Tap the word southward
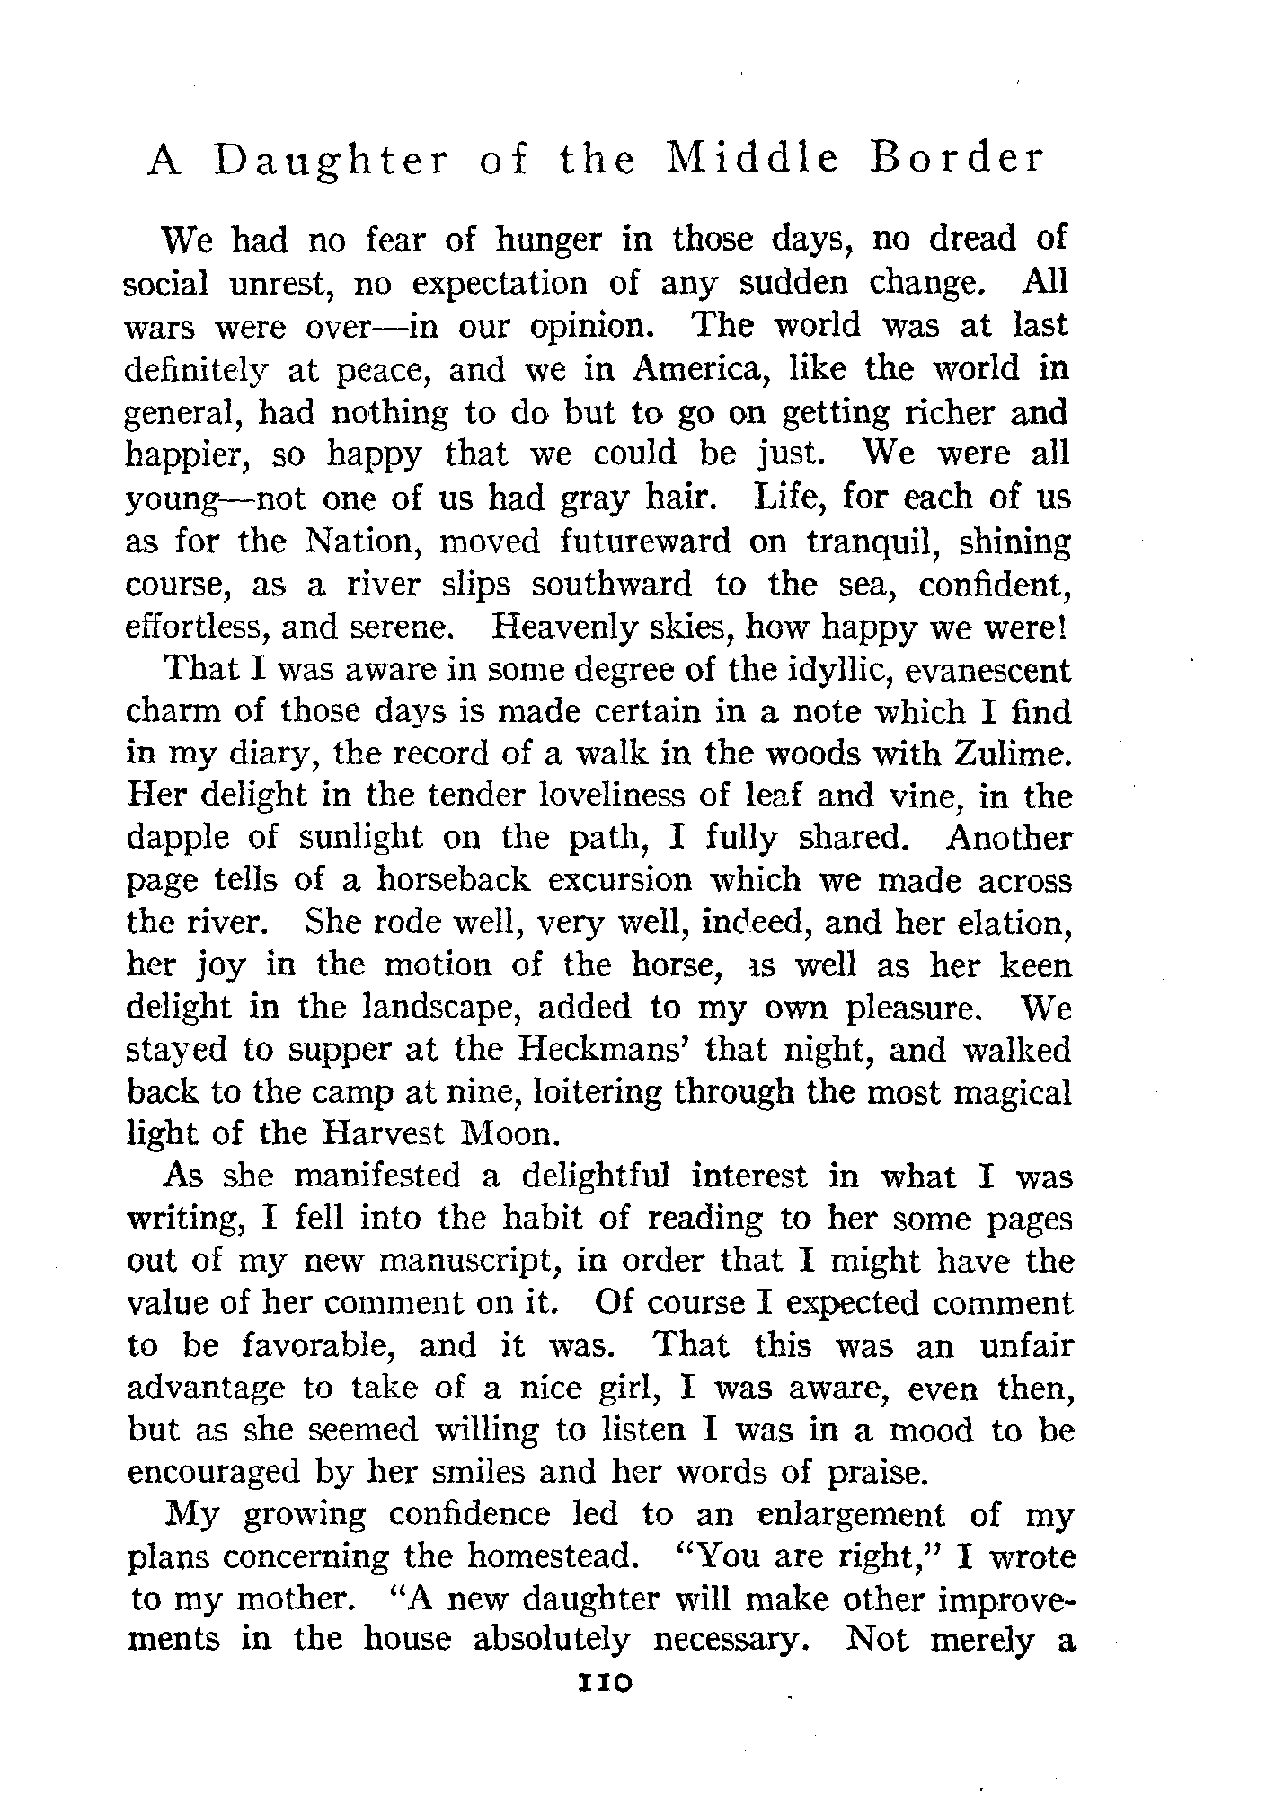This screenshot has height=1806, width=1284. coord(611,585)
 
